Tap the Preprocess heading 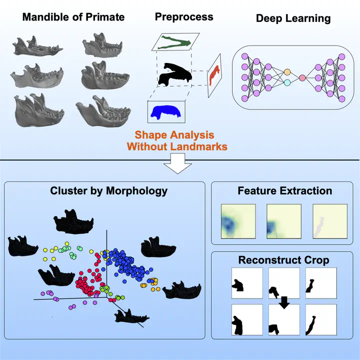coord(184,17)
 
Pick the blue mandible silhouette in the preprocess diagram coord(166,112)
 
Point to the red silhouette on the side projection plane coord(214,75)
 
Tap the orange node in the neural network coord(287,72)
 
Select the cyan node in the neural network coord(287,82)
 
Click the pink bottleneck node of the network coord(302,78)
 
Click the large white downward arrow coord(177,163)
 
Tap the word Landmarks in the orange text coord(199,146)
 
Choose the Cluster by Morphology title coord(109,191)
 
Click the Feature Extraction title coord(284,191)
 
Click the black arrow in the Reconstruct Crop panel coord(284,302)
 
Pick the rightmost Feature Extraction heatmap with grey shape coord(330,221)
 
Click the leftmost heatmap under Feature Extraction coord(238,221)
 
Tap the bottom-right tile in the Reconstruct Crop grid coord(321,320)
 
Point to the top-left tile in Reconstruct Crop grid coord(247,283)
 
